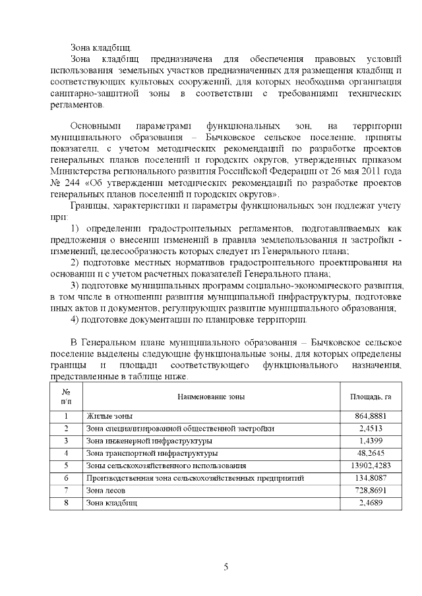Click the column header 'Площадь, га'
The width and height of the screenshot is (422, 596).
tap(371, 396)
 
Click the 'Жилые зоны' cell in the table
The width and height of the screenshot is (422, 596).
tap(109, 417)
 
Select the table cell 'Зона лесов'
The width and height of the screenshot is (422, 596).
tap(106, 491)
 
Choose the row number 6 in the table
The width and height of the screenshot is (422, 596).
tap(66, 478)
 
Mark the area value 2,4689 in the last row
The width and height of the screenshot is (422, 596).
tap(374, 503)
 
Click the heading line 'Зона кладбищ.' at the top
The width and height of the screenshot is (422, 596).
tap(101, 47)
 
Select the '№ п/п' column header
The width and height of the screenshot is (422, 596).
tap(66, 396)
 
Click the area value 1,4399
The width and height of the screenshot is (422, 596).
tap(374, 441)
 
